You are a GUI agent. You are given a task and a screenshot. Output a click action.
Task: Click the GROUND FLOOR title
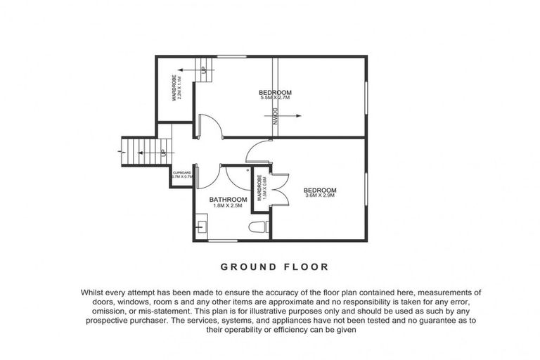pos(274,266)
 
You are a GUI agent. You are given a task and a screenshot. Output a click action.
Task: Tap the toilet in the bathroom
pos(257,227)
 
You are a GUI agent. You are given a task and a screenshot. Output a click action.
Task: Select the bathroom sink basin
pos(202,226)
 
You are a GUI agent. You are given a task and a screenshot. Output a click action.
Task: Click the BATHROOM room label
pos(229,200)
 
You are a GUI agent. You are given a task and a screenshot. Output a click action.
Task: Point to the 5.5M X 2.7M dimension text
pos(275,98)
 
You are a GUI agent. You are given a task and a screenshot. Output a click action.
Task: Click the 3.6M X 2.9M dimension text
pos(320,196)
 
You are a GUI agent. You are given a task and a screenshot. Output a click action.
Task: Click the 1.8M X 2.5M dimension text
pos(229,206)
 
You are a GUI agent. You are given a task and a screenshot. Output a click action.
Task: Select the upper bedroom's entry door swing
pos(212,126)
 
